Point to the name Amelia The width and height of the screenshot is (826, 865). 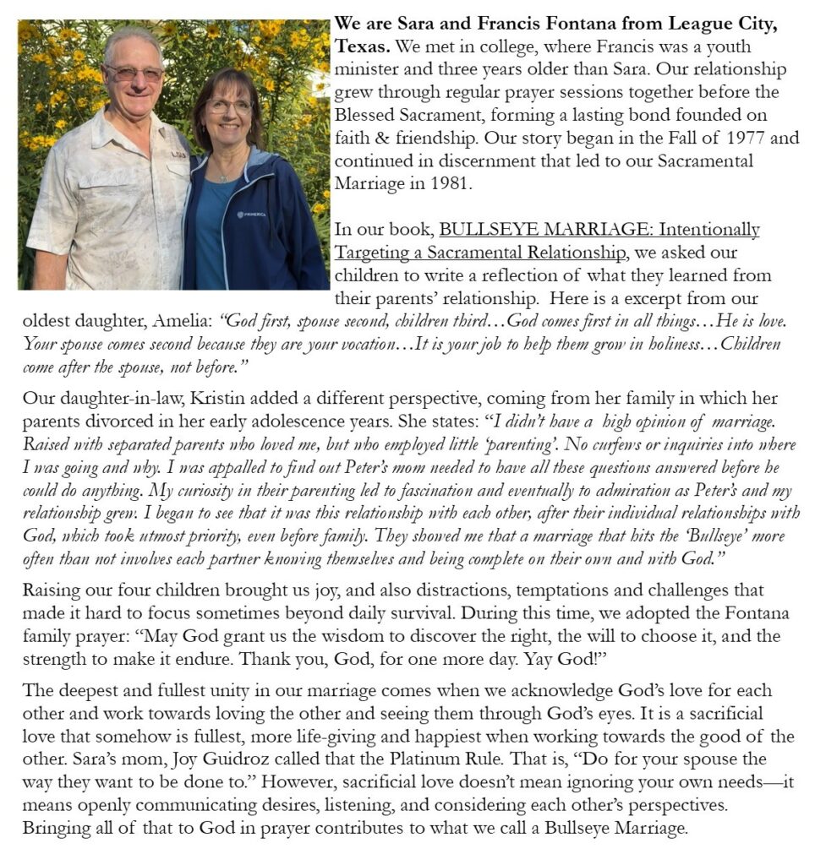[x=183, y=322]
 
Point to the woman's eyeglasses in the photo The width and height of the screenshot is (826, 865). [x=228, y=106]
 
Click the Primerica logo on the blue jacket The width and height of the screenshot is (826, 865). [x=253, y=214]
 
